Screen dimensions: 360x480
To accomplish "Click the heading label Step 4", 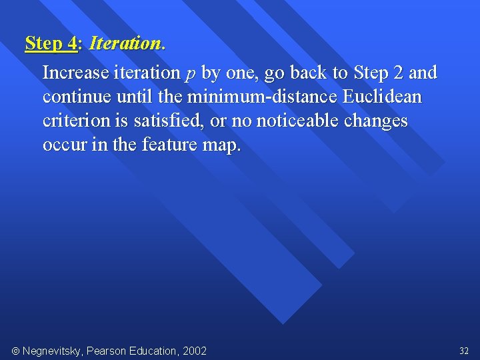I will [51, 44].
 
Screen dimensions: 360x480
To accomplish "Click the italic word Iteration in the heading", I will [125, 44].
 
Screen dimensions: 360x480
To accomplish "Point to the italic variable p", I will [190, 73].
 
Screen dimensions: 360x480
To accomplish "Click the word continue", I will [77, 97].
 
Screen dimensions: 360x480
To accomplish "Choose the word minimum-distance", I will [262, 97].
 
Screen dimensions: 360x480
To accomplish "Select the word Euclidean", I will [382, 97].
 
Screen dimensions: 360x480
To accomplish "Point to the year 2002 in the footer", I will [193, 351].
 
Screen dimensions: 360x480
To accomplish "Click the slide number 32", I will [464, 351].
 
